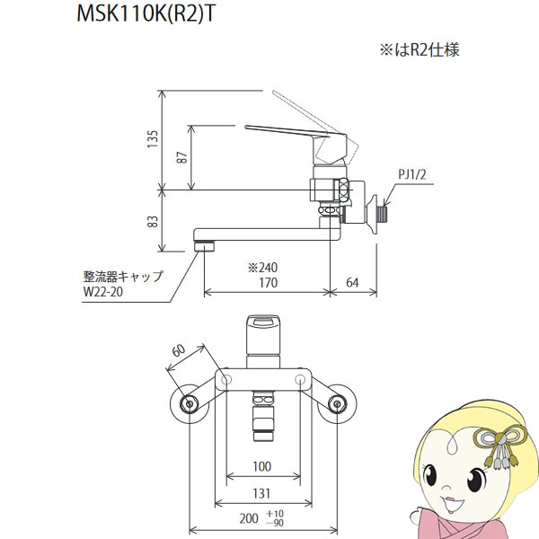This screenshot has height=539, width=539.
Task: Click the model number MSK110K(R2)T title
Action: tap(146, 14)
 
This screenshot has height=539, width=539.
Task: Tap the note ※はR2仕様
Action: tap(420, 49)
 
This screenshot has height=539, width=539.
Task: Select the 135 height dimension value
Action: tap(153, 139)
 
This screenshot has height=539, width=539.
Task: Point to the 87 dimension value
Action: tap(182, 157)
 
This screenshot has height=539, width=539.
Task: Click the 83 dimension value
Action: tap(153, 221)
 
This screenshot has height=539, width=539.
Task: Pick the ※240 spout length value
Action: tap(262, 268)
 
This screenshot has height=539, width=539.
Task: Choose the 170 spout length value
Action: tap(268, 283)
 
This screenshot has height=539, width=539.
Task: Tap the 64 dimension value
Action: tap(352, 283)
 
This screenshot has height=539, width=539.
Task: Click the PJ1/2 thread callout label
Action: tap(412, 174)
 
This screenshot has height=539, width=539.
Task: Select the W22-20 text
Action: tap(103, 291)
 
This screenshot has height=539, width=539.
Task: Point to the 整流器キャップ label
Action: tap(123, 277)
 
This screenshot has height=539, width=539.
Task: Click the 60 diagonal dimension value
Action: tap(179, 350)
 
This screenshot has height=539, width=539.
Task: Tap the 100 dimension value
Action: tap(262, 466)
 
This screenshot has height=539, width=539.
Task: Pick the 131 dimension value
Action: tap(261, 493)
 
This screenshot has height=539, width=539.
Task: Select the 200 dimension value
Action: tap(249, 518)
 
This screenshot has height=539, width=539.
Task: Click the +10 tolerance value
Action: tap(275, 514)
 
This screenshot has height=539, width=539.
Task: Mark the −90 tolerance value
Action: tap(275, 523)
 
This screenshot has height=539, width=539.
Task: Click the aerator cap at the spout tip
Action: tap(205, 246)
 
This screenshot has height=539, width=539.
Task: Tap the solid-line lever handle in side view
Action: tap(296, 145)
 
